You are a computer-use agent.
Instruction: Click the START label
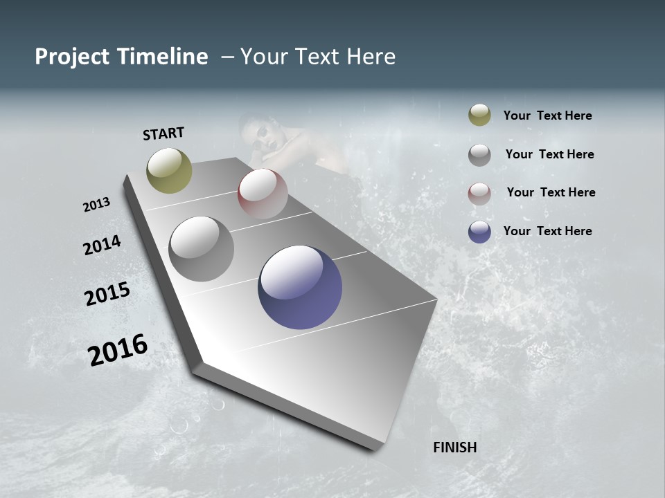click(163, 133)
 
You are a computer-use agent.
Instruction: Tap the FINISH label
click(455, 448)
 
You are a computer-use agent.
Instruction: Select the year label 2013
click(96, 205)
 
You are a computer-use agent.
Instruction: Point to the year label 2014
click(102, 245)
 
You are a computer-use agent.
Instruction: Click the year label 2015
click(107, 294)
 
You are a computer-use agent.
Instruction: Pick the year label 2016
click(118, 350)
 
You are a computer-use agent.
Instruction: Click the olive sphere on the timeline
click(169, 170)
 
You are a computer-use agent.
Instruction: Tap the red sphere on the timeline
click(263, 194)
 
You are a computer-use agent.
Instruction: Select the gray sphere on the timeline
click(202, 249)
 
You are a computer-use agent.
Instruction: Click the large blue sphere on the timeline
click(300, 287)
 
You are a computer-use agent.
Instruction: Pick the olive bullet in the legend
click(479, 116)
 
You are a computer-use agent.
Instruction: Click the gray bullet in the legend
click(479, 155)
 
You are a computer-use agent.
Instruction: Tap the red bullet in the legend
click(479, 193)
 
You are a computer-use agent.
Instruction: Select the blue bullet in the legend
click(479, 232)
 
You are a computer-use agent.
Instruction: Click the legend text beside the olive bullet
click(548, 116)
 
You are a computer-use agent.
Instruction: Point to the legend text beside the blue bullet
click(548, 231)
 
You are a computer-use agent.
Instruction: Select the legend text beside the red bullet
click(551, 192)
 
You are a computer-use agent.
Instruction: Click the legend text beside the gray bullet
click(550, 154)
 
